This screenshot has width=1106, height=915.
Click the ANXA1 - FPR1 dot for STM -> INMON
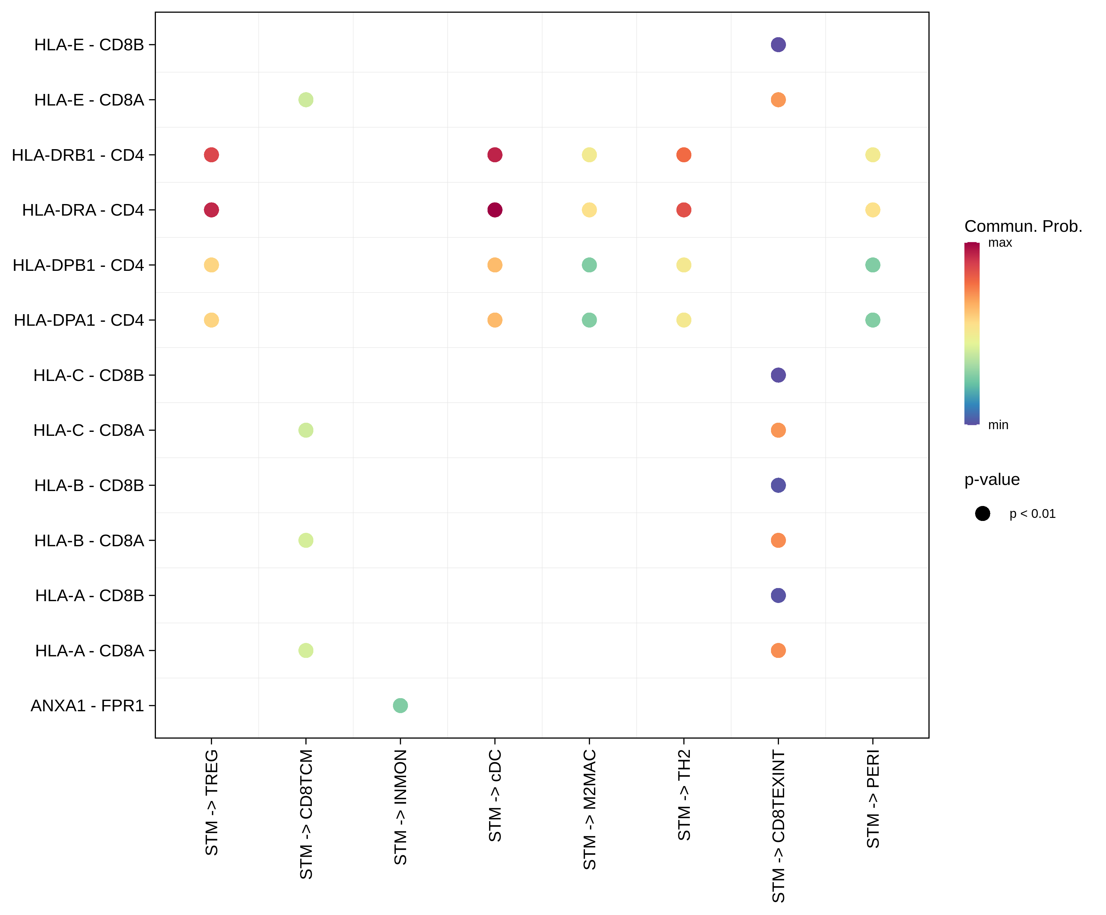(400, 705)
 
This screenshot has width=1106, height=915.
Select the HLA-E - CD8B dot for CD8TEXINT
(778, 45)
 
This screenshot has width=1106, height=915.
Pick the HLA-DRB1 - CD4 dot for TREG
(211, 155)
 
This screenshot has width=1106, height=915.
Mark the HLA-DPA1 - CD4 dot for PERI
(873, 320)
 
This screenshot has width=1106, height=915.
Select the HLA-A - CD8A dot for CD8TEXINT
(778, 651)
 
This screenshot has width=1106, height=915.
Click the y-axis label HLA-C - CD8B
(88, 375)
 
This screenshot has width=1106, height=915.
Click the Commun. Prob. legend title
(1023, 226)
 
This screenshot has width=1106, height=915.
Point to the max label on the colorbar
(1000, 243)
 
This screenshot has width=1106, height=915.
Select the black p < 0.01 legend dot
(982, 513)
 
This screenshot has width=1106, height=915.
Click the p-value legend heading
(992, 479)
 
